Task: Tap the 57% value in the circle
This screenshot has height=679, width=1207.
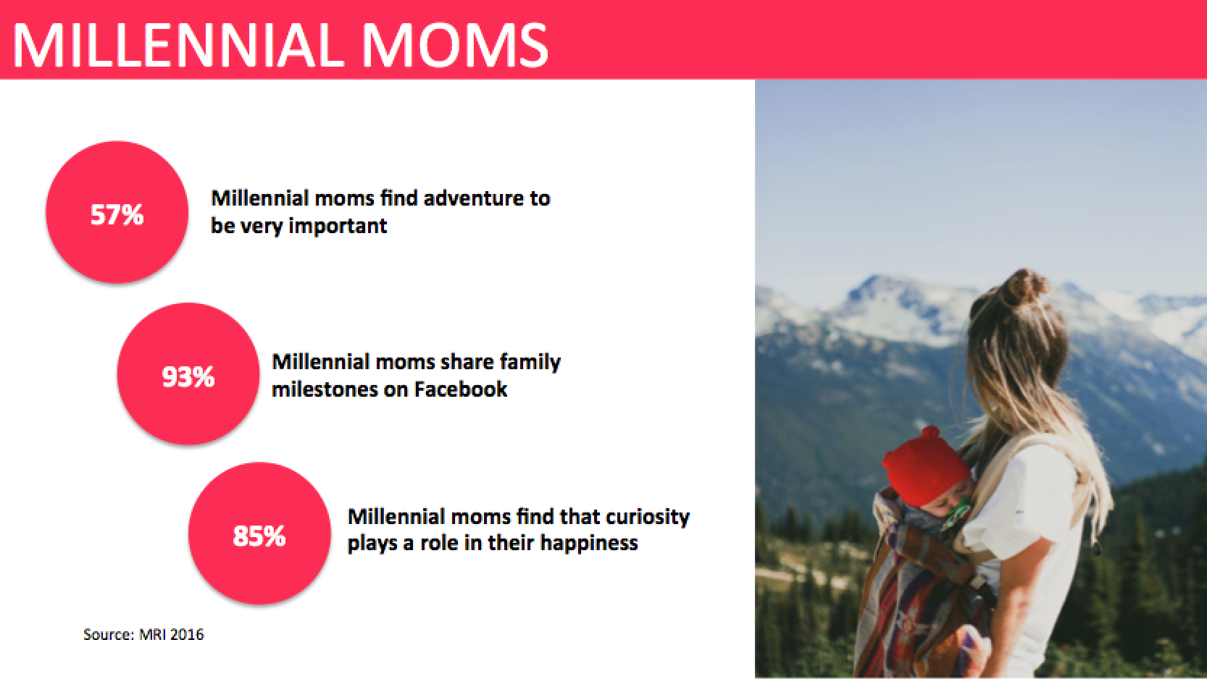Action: pos(117,214)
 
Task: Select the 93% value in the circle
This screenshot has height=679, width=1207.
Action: pos(188,376)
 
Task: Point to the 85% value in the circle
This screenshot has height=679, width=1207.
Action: pos(259,536)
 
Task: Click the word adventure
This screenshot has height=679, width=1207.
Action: pos(474,198)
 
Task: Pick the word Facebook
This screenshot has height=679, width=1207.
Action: pos(461,389)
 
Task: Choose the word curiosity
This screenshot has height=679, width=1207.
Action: pos(647,517)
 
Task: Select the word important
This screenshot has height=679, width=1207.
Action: pos(338,227)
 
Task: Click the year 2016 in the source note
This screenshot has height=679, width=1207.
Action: pos(186,634)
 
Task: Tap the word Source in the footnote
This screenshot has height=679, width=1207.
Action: pos(108,634)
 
